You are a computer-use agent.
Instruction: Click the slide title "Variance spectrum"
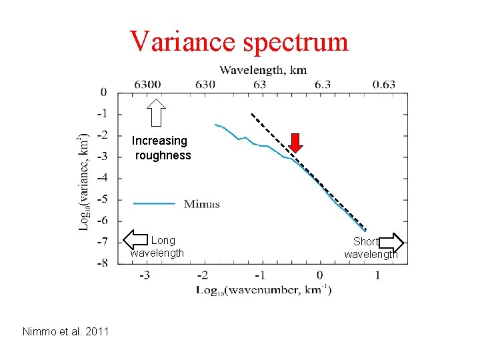click(x=239, y=41)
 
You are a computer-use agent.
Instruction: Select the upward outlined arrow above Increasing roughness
click(x=157, y=112)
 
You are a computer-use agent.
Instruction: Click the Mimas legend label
click(x=201, y=204)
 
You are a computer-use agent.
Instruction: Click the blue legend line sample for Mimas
click(x=154, y=203)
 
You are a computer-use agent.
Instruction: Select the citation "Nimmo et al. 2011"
click(x=65, y=331)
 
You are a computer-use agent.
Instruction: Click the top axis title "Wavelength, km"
click(x=263, y=70)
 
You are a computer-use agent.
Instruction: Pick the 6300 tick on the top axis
click(x=147, y=85)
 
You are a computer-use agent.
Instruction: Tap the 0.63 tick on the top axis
click(x=384, y=85)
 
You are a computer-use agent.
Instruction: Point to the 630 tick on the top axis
click(x=205, y=85)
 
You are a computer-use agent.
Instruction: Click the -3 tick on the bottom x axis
click(x=144, y=275)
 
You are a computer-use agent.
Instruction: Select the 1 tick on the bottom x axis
click(x=378, y=275)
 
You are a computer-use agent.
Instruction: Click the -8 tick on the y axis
click(x=103, y=263)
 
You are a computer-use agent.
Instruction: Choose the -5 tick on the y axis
click(x=103, y=199)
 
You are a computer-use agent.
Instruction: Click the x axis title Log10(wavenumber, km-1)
click(x=263, y=290)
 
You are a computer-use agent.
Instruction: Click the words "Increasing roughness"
click(x=161, y=148)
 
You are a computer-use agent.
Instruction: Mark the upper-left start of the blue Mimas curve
click(x=215, y=125)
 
